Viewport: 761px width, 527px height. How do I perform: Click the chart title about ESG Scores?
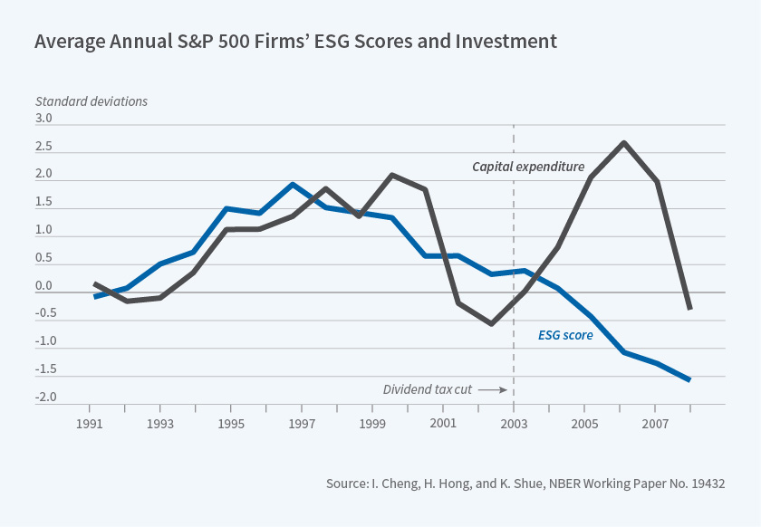click(x=295, y=41)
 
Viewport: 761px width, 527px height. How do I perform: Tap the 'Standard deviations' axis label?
click(x=91, y=101)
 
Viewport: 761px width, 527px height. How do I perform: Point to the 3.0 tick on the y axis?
click(x=43, y=119)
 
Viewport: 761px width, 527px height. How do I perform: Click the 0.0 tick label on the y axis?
click(x=43, y=286)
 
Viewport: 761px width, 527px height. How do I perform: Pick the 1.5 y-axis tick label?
click(x=43, y=202)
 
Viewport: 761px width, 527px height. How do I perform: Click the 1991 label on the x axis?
click(x=90, y=424)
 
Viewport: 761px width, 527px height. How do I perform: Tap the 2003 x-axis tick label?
click(x=514, y=424)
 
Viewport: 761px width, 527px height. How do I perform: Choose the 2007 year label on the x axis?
click(x=655, y=424)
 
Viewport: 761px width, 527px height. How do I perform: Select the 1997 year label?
click(x=302, y=424)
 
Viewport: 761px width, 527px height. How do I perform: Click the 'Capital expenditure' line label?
click(x=528, y=167)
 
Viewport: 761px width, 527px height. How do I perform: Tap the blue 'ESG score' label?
click(x=565, y=335)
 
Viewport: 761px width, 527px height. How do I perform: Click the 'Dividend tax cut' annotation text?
click(x=428, y=389)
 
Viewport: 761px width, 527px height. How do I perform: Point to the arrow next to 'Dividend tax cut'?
click(x=491, y=389)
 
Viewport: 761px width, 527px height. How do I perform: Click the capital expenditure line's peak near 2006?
click(x=624, y=143)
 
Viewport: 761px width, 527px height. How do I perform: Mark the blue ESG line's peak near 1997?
click(x=293, y=185)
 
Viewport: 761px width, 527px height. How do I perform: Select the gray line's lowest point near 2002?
click(x=491, y=323)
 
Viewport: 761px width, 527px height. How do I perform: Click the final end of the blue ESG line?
click(x=690, y=380)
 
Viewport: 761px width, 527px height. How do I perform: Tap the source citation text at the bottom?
click(x=525, y=484)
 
